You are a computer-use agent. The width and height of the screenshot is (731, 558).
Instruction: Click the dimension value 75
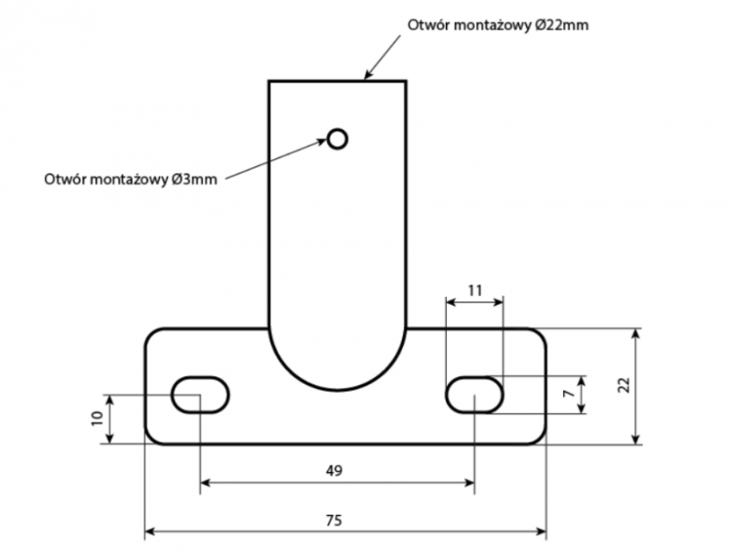(x=334, y=521)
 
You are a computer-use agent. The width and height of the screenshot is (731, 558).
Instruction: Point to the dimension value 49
(x=334, y=471)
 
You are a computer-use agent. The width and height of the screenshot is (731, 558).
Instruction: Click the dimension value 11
(x=474, y=290)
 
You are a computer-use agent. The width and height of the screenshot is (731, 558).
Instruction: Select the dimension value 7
(x=568, y=394)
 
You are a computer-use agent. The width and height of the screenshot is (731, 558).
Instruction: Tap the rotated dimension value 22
(x=623, y=385)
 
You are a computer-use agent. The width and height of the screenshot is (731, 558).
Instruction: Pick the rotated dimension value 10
(x=97, y=419)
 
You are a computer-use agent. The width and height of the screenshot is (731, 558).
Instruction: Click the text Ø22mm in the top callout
(x=561, y=25)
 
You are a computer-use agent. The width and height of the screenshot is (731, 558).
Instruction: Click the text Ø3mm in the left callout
(x=194, y=179)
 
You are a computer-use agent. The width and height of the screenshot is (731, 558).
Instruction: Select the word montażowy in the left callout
(x=129, y=179)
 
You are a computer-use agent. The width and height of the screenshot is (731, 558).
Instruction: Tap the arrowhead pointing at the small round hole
(x=322, y=142)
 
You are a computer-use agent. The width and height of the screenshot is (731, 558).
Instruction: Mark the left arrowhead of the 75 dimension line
(x=150, y=531)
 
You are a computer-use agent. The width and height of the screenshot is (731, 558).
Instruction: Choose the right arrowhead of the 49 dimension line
(x=470, y=482)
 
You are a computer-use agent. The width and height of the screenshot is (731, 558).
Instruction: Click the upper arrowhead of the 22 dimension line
(x=635, y=334)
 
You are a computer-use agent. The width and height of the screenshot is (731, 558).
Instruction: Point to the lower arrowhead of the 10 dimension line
(x=110, y=438)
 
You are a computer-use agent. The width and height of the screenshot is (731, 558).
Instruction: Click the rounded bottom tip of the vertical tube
(x=337, y=389)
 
